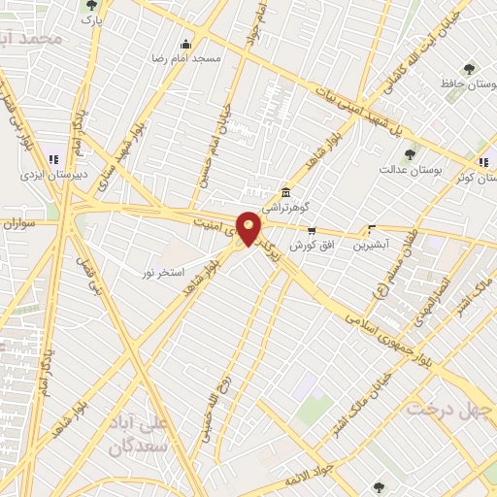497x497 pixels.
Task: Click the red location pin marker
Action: tap(248, 228)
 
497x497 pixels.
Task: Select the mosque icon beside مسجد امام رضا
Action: tap(186, 44)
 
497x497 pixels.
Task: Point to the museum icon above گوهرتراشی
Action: tap(285, 192)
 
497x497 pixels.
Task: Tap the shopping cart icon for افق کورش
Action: tap(311, 231)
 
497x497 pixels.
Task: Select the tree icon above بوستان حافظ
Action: tap(470, 70)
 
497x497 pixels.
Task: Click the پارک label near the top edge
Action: tap(90, 19)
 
